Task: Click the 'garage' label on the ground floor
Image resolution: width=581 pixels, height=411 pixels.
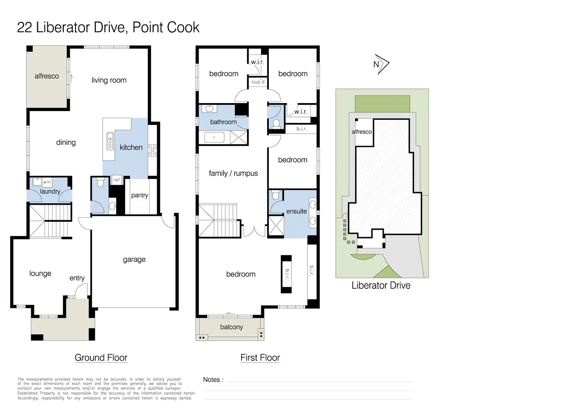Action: (134, 259)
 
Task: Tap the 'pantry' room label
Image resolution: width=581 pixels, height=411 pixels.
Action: (140, 195)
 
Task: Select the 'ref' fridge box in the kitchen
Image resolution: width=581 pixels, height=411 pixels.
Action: (116, 180)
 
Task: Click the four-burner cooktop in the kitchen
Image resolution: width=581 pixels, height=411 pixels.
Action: (152, 150)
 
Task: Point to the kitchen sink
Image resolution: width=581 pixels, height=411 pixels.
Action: (110, 141)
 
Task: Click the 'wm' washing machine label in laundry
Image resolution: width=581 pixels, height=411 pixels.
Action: (47, 182)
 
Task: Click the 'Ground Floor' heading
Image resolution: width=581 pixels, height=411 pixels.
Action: (101, 358)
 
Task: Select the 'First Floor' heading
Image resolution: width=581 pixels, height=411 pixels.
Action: (260, 358)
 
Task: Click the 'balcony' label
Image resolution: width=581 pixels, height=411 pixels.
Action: (231, 327)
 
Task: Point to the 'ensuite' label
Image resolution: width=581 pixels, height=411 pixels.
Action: (296, 211)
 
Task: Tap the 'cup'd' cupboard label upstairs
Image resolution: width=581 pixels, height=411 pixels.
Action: (258, 82)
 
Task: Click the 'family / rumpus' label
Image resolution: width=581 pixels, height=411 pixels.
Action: (233, 173)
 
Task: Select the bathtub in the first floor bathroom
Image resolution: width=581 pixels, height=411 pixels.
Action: (214, 138)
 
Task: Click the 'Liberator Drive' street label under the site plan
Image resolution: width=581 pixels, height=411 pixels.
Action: (381, 285)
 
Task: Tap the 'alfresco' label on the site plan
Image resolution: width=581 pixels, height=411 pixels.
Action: (362, 132)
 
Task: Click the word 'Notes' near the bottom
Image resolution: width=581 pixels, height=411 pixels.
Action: (212, 380)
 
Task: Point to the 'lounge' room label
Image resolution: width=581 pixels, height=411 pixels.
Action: (40, 273)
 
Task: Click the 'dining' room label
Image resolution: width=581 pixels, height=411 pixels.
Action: (66, 142)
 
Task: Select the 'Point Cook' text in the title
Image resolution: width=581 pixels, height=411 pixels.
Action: (166, 27)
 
